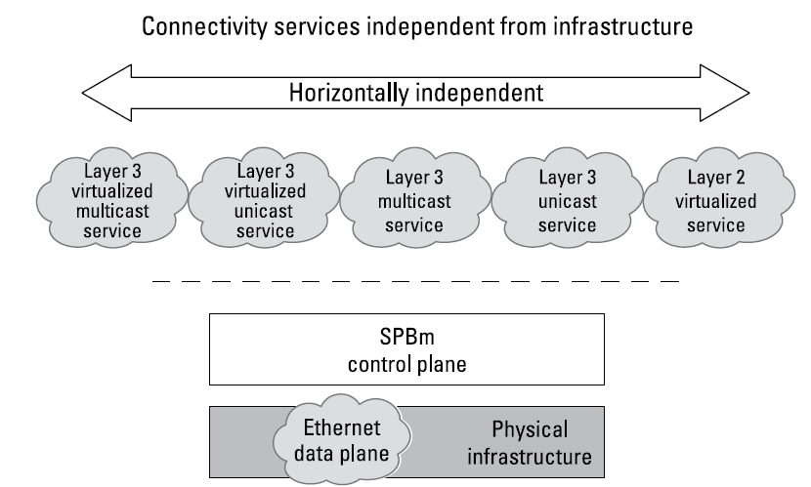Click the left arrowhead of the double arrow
103,95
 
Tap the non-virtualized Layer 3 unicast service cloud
567,199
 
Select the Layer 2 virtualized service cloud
721,199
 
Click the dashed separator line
415,282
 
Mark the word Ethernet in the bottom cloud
342,427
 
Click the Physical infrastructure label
529,441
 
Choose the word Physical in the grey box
529,428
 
